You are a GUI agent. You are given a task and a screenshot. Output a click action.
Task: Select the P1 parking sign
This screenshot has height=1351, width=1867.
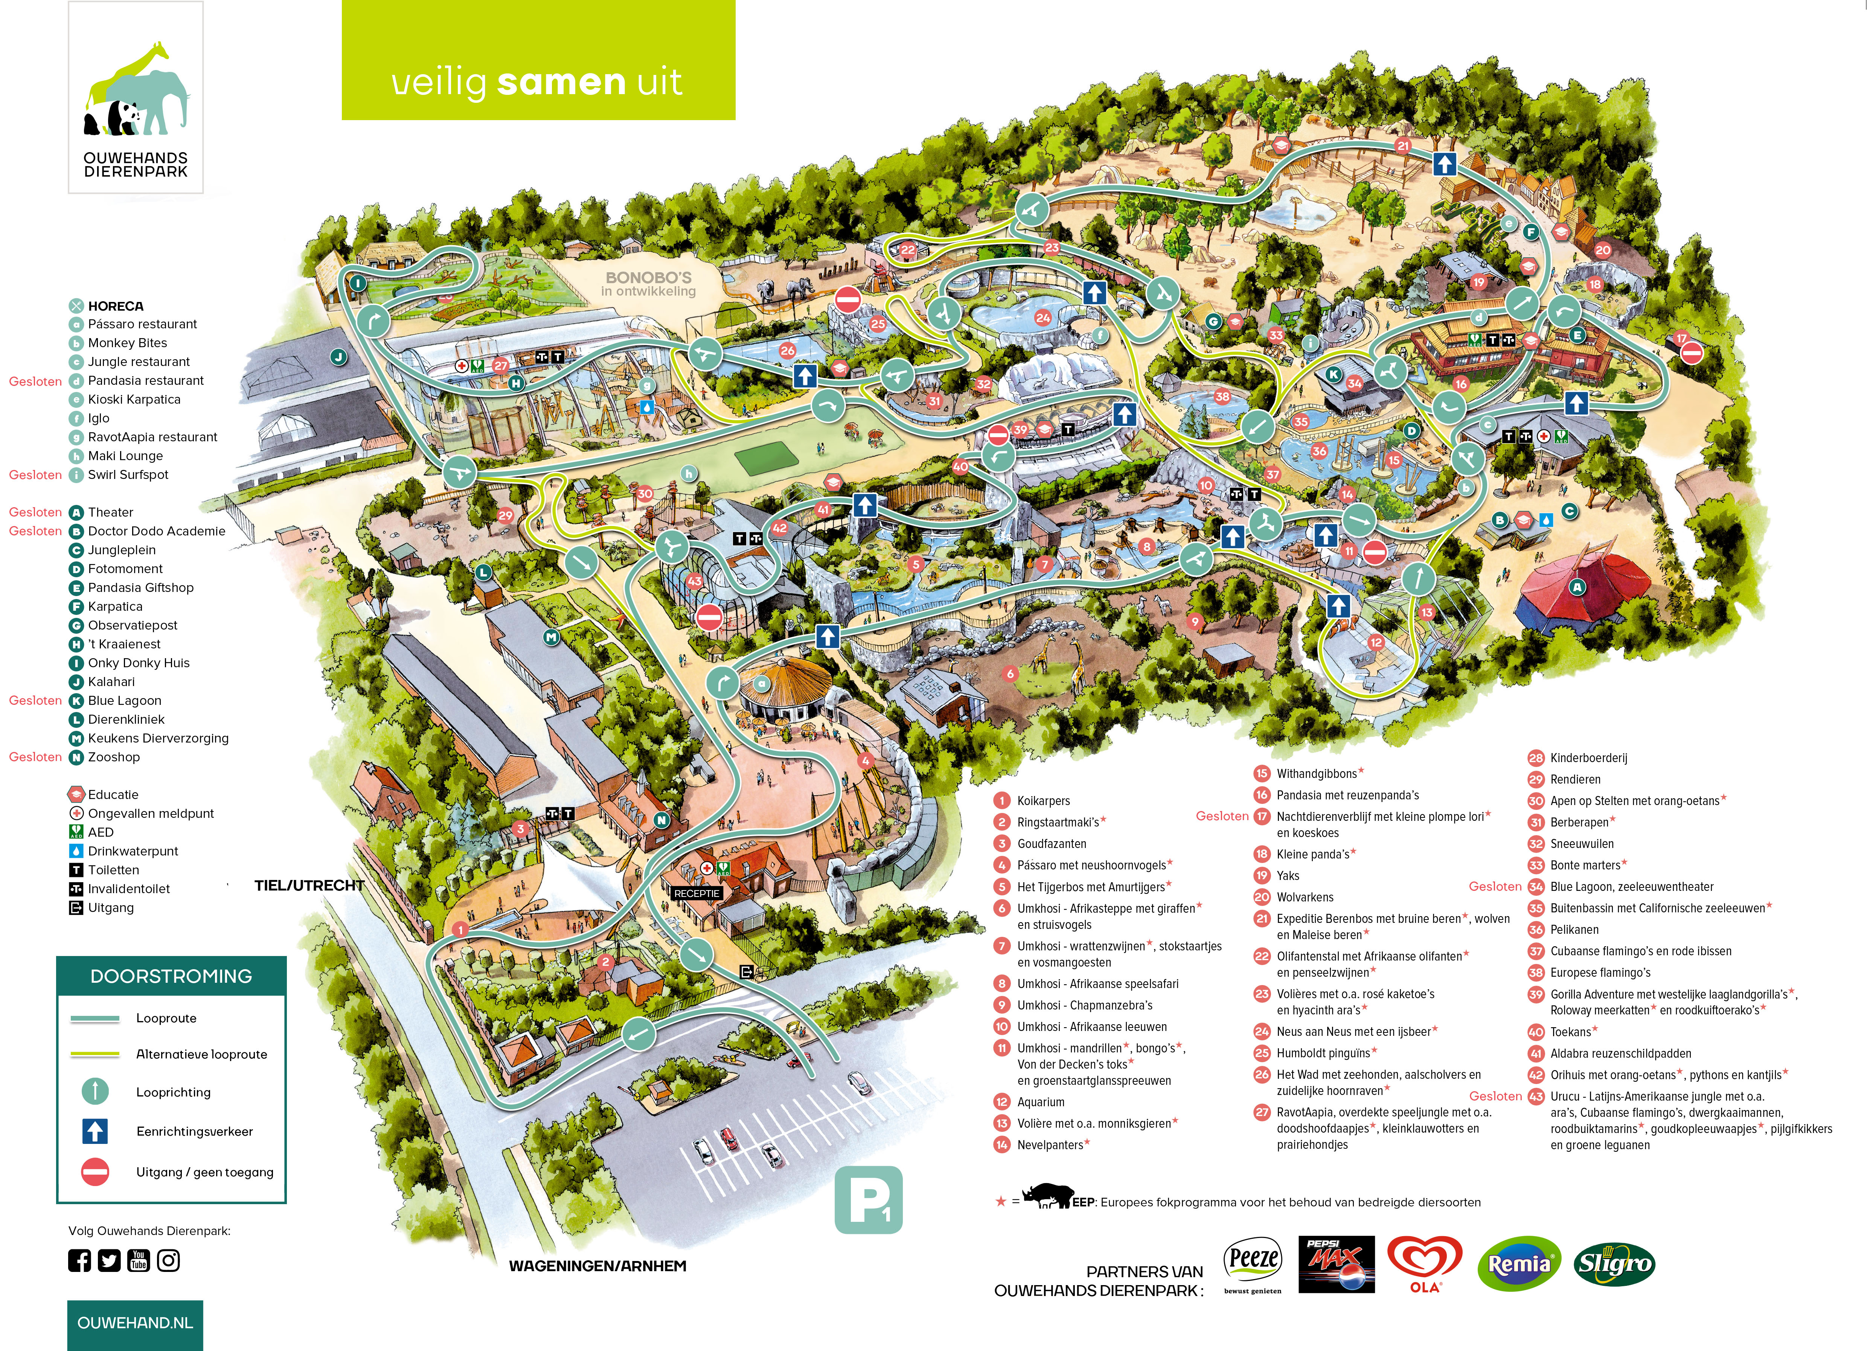coord(869,1200)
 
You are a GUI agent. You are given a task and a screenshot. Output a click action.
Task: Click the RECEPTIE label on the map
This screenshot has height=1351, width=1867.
coord(697,893)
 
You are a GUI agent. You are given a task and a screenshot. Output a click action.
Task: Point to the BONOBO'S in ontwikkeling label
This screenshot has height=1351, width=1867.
coord(649,283)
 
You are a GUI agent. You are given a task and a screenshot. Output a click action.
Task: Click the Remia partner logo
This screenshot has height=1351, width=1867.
coord(1519,1264)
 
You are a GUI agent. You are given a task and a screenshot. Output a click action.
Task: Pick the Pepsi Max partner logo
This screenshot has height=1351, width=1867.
coord(1337,1264)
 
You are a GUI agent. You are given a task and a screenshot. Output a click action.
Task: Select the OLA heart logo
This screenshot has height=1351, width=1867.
coord(1425,1264)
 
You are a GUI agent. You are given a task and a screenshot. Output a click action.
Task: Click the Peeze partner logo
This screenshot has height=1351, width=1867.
coord(1253,1264)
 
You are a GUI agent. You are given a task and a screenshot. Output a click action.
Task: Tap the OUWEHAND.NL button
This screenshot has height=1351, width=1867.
coord(135,1323)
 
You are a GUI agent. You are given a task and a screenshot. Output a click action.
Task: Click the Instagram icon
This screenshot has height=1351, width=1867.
coord(169,1260)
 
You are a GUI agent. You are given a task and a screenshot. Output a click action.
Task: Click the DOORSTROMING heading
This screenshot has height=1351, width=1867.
coord(171,976)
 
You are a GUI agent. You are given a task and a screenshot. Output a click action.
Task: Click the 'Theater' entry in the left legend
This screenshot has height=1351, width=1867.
coord(110,512)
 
